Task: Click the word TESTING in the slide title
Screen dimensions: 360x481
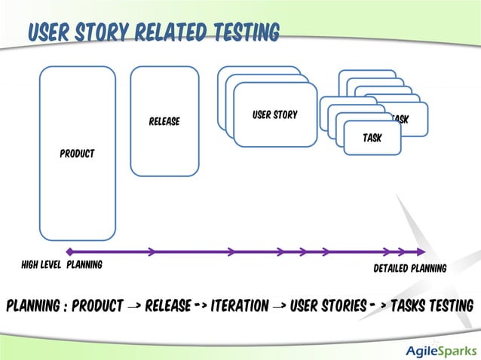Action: [241, 32]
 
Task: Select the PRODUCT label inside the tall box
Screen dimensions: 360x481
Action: [77, 154]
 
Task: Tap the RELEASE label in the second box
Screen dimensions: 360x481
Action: [164, 121]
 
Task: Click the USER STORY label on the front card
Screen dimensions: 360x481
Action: [274, 115]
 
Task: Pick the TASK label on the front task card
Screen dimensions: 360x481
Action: [372, 138]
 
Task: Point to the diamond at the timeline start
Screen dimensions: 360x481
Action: [69, 252]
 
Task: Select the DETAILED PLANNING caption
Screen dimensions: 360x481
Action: [410, 268]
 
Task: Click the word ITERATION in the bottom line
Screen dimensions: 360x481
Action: [240, 306]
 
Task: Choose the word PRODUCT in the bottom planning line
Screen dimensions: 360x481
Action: [97, 306]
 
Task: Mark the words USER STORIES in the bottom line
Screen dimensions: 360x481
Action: [329, 306]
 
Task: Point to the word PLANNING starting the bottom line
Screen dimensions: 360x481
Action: [31, 306]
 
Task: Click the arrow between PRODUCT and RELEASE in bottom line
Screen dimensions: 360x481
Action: [133, 307]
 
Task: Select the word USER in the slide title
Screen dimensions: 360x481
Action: [52, 32]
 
